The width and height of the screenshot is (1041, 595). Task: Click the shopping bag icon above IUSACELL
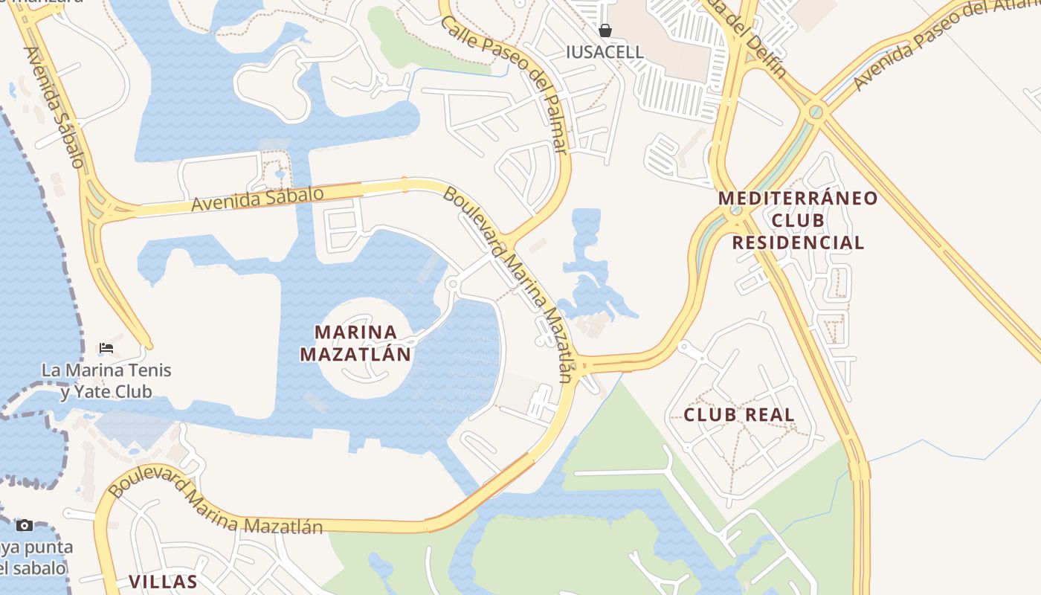(x=605, y=30)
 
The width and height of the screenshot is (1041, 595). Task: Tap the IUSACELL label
(x=605, y=52)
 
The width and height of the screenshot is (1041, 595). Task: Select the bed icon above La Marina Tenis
(x=106, y=347)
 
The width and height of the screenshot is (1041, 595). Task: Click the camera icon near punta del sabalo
(x=25, y=525)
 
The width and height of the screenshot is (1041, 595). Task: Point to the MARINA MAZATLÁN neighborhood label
(x=355, y=343)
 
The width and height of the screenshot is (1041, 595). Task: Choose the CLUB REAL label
(x=739, y=415)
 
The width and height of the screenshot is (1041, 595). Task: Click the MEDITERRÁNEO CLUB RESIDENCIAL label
(x=799, y=221)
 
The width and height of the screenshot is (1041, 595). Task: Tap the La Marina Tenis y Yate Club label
(x=106, y=381)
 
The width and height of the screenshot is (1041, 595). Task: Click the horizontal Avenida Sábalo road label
(x=257, y=199)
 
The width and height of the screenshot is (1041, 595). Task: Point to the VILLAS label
(x=163, y=582)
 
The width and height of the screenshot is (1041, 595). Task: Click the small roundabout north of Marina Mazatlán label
(x=452, y=283)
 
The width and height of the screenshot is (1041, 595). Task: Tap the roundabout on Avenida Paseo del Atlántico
(x=816, y=112)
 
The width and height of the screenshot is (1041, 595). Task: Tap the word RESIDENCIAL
(x=799, y=243)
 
